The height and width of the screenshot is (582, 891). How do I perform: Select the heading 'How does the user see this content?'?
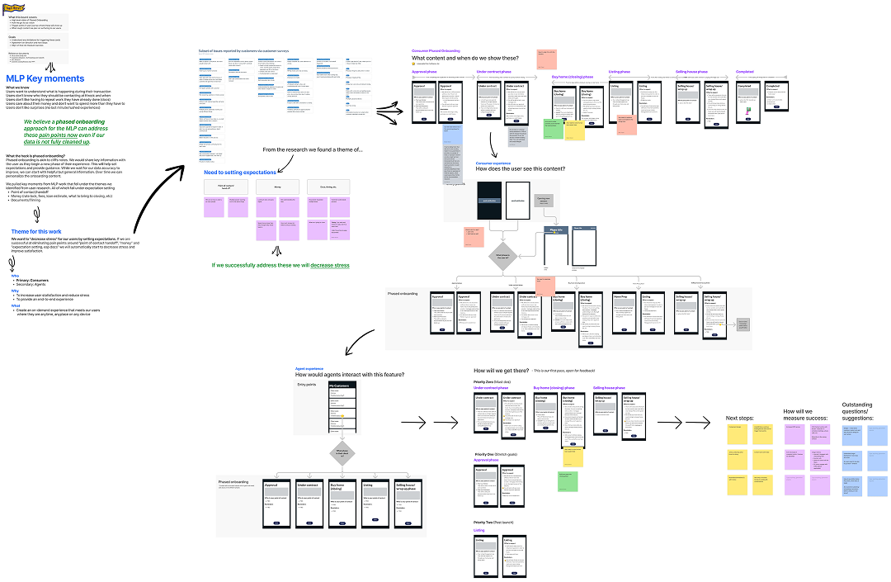point(520,169)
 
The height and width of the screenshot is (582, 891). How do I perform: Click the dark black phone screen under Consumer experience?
point(489,201)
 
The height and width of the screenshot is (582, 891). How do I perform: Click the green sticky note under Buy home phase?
point(552,128)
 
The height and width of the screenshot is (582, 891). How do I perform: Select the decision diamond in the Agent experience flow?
point(342,453)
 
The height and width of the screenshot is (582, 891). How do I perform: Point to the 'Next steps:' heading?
point(740,419)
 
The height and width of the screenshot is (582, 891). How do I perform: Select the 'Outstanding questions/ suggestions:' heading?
point(863,410)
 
